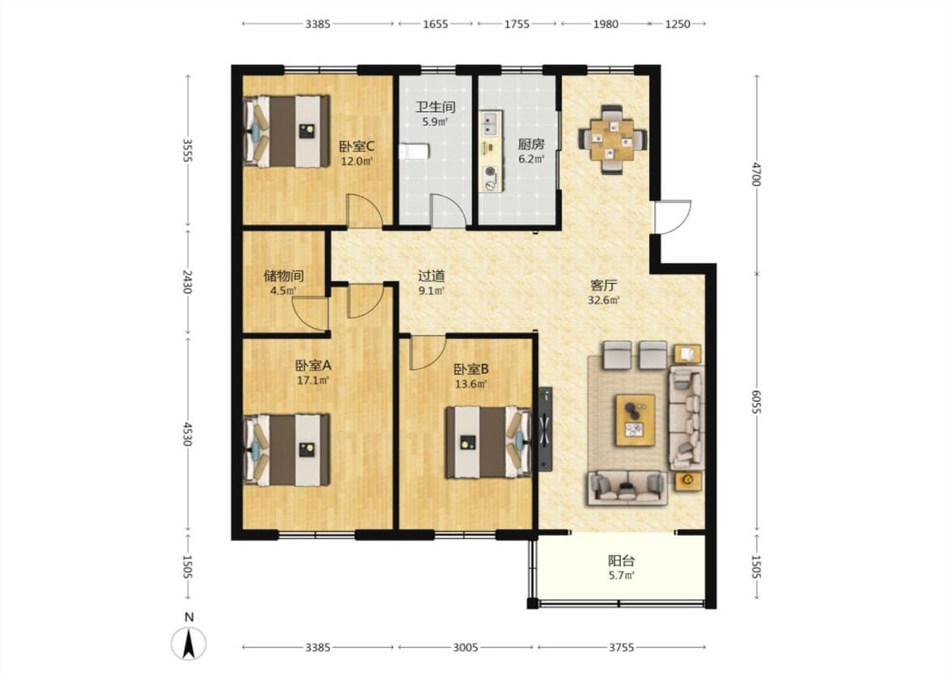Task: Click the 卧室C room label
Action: pos(356,147)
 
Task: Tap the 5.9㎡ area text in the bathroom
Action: pos(435,122)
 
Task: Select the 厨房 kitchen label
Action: pos(532,144)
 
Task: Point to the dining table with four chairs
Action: pos(613,140)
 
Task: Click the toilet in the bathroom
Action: pos(414,151)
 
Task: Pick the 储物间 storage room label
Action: pos(283,276)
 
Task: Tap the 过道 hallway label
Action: pos(431,276)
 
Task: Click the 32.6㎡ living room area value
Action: pos(604,300)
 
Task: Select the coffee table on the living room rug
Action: pos(635,420)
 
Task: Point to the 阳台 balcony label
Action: pos(622,560)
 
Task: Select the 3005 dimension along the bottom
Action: pos(465,647)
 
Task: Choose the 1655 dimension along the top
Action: pos(436,24)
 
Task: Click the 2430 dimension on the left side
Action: pos(187,281)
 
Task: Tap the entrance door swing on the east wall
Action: pos(672,217)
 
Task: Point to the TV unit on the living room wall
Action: pos(545,429)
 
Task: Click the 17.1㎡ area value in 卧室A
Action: pos(313,381)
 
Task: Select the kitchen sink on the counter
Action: pos(490,123)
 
